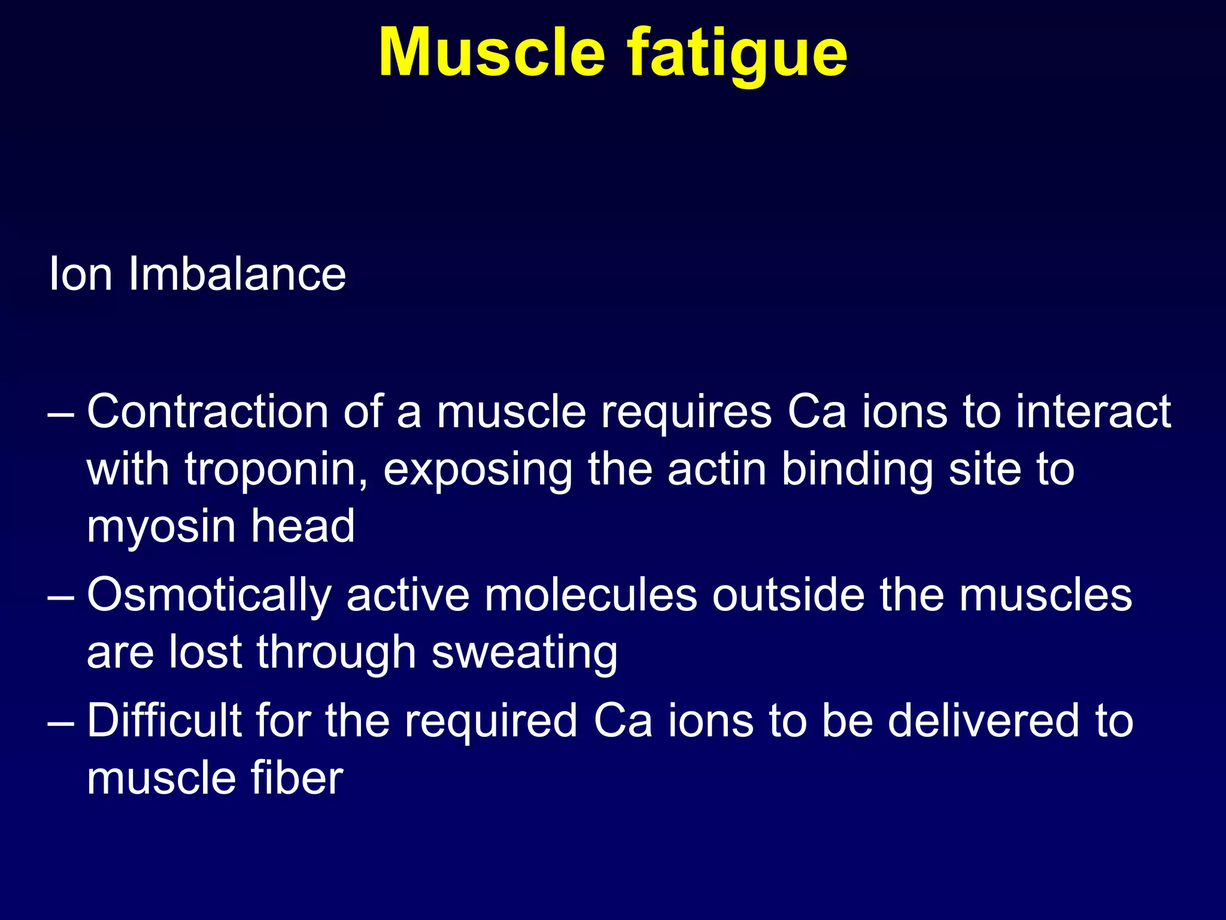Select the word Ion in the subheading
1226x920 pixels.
[80, 274]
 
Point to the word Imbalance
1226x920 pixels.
[237, 274]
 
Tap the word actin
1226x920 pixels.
[717, 469]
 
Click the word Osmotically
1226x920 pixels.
[209, 597]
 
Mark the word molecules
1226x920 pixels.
[591, 595]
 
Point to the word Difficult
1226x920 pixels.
[165, 721]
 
